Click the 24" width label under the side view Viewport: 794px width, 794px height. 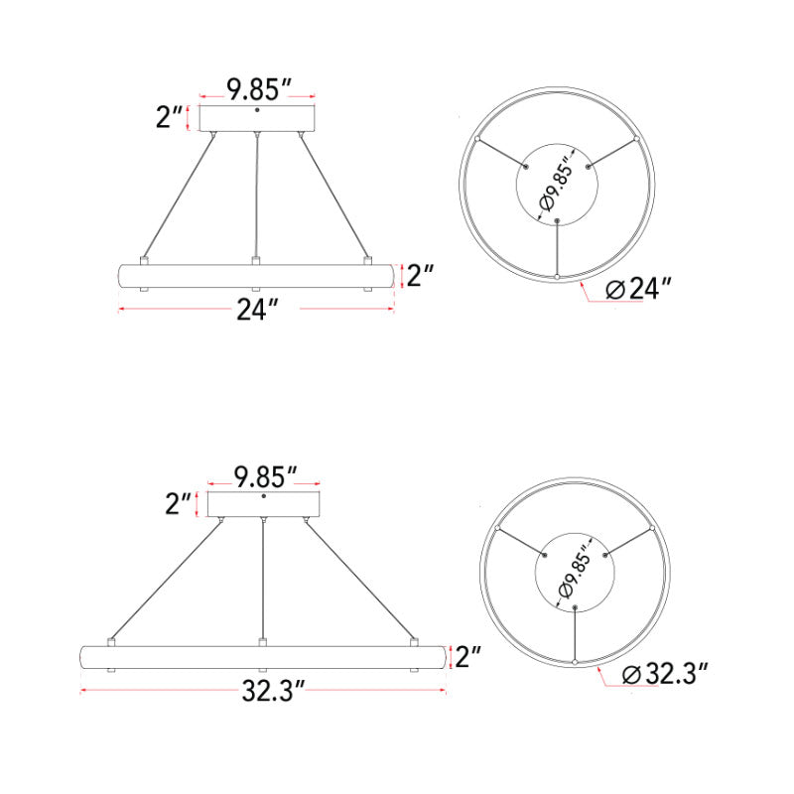pos(256,310)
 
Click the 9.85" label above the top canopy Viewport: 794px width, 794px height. pos(258,91)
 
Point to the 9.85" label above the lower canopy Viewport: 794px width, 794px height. pos(263,476)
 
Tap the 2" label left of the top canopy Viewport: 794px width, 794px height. pos(170,118)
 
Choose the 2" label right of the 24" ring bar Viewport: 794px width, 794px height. pos(421,276)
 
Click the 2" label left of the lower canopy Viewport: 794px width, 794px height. pos(179,504)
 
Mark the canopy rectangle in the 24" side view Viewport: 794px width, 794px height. pos(258,119)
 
